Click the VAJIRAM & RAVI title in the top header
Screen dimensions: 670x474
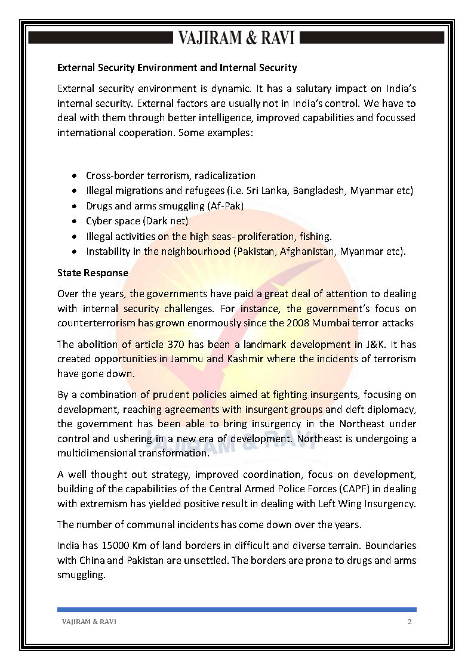(236, 38)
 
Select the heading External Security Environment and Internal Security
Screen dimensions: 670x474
(177, 68)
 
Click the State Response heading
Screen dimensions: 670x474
(93, 273)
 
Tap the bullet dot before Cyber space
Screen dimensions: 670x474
(73, 221)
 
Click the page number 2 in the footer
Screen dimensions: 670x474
(410, 622)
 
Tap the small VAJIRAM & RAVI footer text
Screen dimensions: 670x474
(89, 622)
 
